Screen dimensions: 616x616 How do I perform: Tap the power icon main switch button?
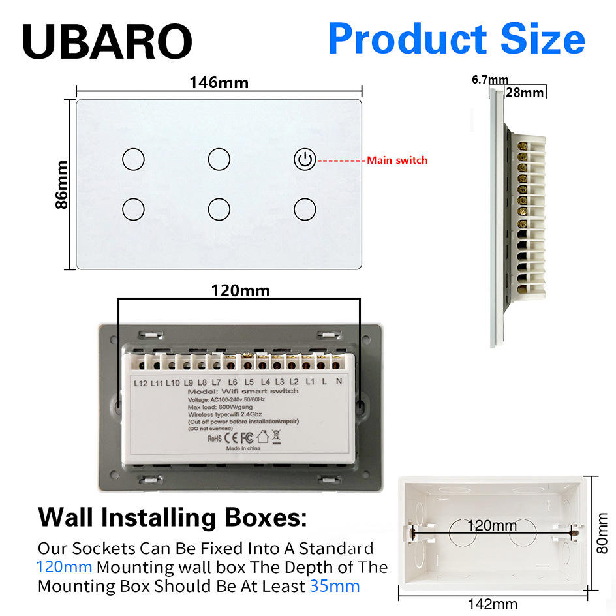click(x=304, y=159)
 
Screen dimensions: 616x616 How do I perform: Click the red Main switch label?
click(x=397, y=160)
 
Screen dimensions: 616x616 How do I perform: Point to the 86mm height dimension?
click(x=61, y=184)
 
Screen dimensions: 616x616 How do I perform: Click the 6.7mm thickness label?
click(x=489, y=80)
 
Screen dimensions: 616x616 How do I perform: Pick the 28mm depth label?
click(x=525, y=92)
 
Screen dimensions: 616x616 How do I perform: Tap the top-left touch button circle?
click(x=133, y=159)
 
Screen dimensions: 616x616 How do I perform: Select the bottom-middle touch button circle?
click(x=219, y=209)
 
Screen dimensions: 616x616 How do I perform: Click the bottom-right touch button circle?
click(x=304, y=209)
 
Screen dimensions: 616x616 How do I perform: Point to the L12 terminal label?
click(x=140, y=382)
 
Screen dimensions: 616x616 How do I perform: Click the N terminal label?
click(x=338, y=381)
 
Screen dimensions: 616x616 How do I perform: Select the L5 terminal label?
click(x=249, y=382)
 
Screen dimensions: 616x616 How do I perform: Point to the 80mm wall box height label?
click(x=604, y=532)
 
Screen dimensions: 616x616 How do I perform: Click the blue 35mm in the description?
click(x=335, y=585)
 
